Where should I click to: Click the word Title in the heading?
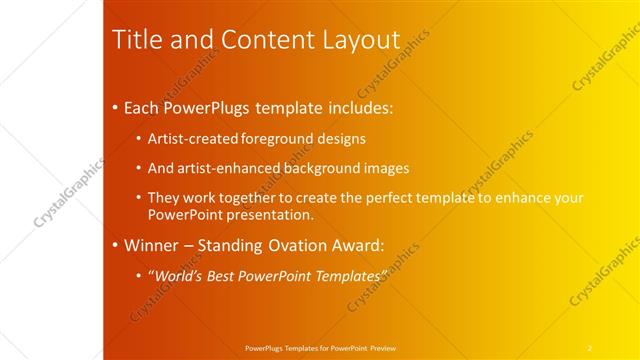(133, 39)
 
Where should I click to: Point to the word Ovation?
(306, 244)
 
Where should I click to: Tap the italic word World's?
(175, 274)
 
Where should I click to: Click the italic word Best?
(222, 274)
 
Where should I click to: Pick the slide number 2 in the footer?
(589, 347)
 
